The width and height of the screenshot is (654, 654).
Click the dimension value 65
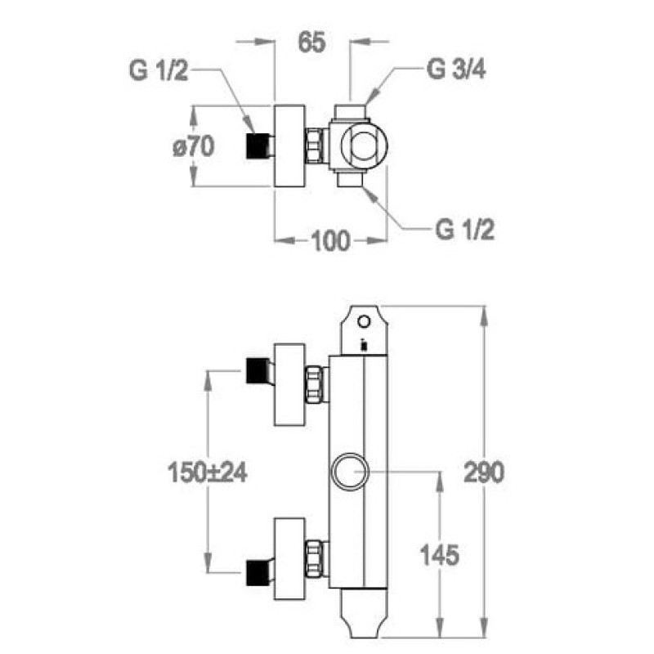click(x=311, y=43)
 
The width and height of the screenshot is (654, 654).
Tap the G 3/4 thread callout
click(x=456, y=69)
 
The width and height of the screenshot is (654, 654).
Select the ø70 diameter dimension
click(x=194, y=146)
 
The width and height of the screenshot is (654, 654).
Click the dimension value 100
click(x=330, y=240)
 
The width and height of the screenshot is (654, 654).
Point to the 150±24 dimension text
click(x=208, y=473)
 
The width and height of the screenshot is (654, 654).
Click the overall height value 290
click(x=484, y=473)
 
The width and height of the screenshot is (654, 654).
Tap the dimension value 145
click(x=439, y=555)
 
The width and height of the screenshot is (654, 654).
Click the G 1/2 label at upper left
click(x=159, y=70)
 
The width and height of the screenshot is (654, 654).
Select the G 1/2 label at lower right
click(x=464, y=230)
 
